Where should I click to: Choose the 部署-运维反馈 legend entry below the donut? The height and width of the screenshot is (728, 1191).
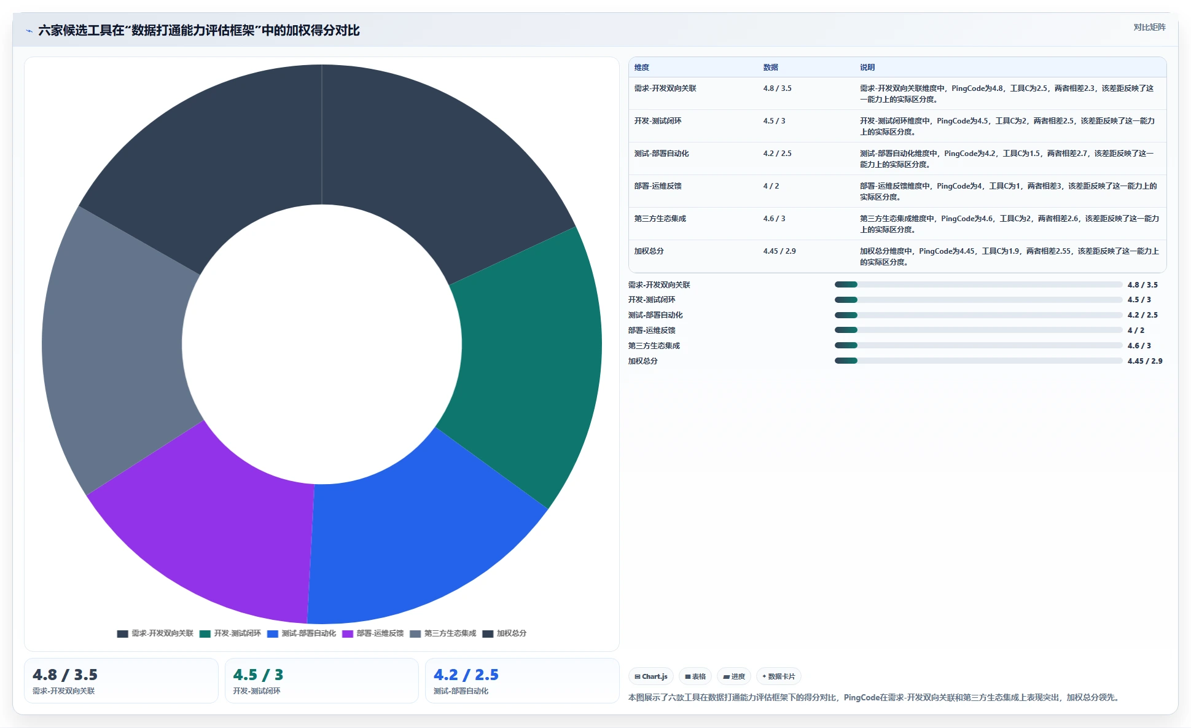pyautogui.click(x=373, y=633)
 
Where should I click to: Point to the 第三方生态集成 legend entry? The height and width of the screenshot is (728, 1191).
pyautogui.click(x=443, y=633)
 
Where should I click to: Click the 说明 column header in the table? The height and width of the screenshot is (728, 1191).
pyautogui.click(x=867, y=68)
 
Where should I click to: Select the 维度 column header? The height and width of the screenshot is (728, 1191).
pyautogui.click(x=642, y=68)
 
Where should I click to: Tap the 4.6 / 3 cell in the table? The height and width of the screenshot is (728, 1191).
pyautogui.click(x=775, y=219)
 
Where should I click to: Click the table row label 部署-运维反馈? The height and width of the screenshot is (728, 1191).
pyautogui.click(x=658, y=186)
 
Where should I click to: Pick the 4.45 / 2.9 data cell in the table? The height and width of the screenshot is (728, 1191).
pyautogui.click(x=779, y=251)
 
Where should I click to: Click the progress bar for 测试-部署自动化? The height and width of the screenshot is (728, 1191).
pyautogui.click(x=978, y=315)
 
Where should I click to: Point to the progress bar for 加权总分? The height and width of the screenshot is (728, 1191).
pyautogui.click(x=978, y=361)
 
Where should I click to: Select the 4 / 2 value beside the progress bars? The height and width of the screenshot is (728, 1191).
pyautogui.click(x=1136, y=331)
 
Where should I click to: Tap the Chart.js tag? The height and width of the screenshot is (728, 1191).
pyautogui.click(x=651, y=676)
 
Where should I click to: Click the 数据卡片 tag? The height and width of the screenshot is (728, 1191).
pyautogui.click(x=779, y=676)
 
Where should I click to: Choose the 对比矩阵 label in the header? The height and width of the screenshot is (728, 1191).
pyautogui.click(x=1149, y=27)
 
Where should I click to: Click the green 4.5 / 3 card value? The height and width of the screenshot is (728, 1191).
pyautogui.click(x=258, y=675)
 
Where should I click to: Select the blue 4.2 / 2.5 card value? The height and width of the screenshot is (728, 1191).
pyautogui.click(x=466, y=675)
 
